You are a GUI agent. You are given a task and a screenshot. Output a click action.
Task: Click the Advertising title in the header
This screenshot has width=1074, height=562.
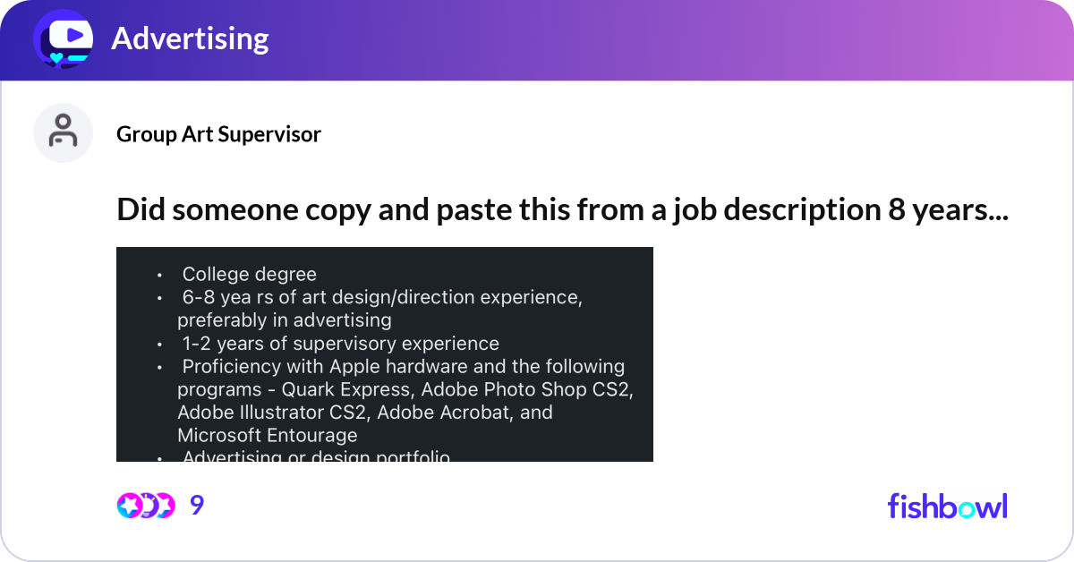(190, 38)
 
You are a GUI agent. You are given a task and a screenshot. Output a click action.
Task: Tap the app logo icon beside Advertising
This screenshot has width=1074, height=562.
(63, 38)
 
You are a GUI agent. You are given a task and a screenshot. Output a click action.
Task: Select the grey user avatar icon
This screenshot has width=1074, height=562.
(63, 132)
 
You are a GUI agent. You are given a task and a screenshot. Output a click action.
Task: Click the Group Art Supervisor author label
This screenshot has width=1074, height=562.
(218, 134)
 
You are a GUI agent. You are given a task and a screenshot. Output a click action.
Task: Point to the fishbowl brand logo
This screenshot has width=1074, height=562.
(947, 506)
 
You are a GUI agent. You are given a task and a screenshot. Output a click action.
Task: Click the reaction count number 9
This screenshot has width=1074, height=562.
(197, 506)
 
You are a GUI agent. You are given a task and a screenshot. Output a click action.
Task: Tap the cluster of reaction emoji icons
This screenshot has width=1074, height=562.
(145, 506)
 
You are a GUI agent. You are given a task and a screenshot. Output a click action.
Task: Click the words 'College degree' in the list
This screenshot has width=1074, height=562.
(249, 274)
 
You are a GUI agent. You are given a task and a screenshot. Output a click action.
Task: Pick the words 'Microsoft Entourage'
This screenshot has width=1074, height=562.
(267, 436)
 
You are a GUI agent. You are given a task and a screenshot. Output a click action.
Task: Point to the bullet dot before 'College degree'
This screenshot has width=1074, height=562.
(159, 275)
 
